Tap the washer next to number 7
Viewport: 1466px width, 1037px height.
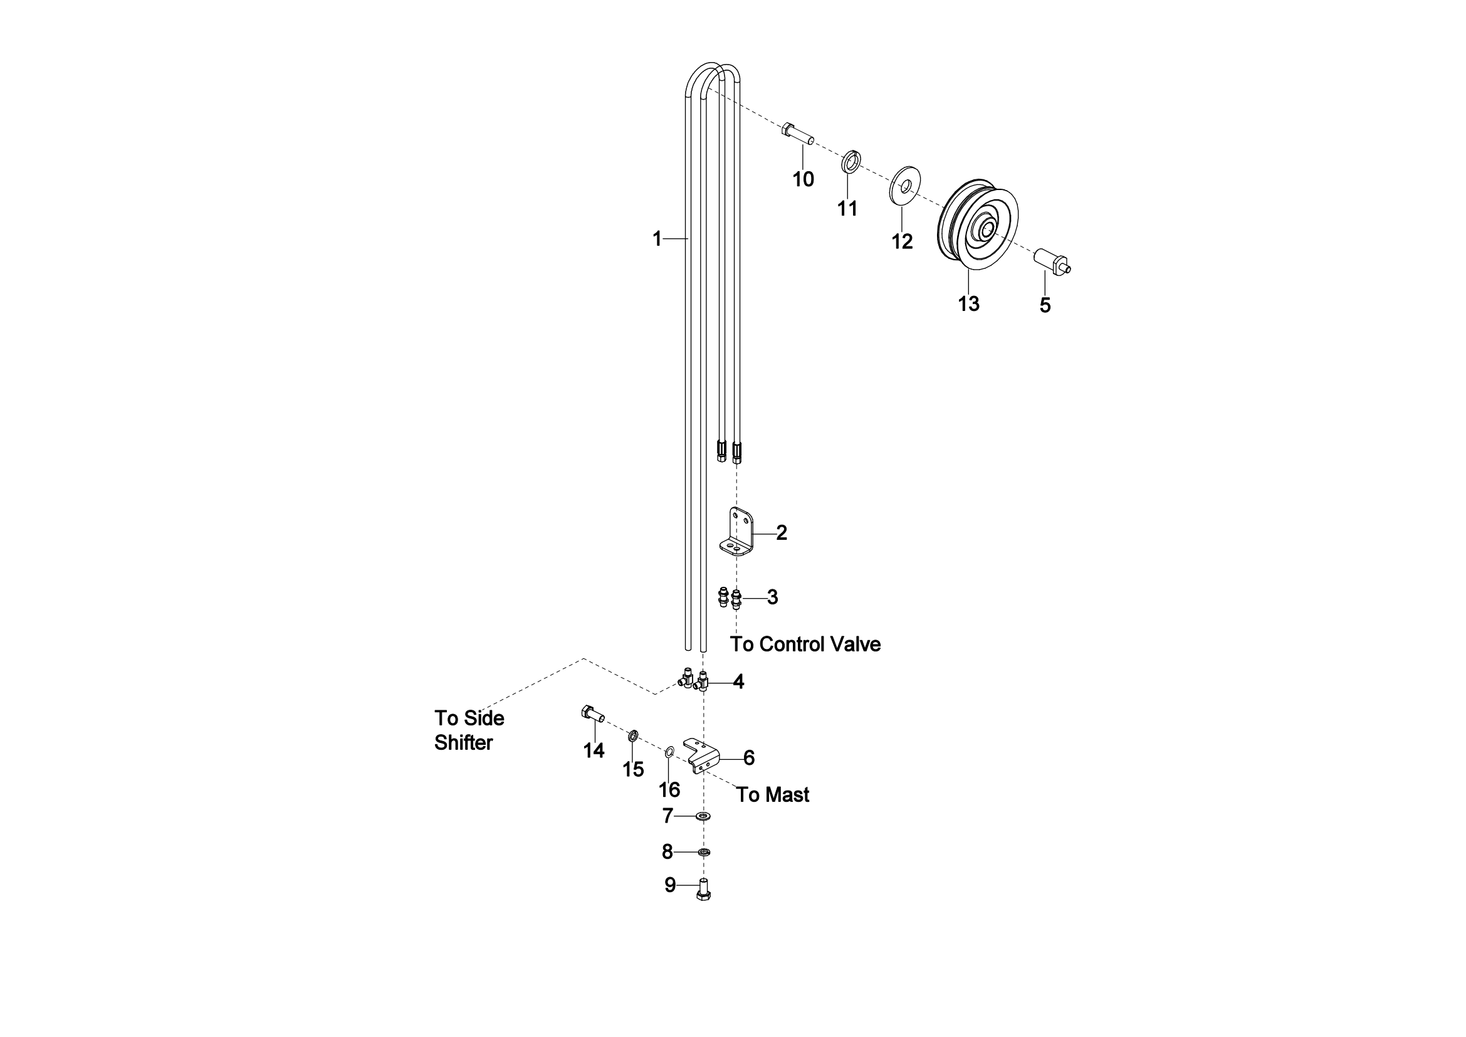[x=704, y=816]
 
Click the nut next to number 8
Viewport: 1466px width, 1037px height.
[x=704, y=852]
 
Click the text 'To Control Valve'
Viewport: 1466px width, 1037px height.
[x=805, y=645]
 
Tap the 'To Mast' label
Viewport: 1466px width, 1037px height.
[x=773, y=794]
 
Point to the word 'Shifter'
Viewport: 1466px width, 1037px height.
[x=464, y=742]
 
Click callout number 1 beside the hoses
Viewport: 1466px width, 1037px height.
[x=657, y=239]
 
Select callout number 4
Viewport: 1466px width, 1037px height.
[x=738, y=682]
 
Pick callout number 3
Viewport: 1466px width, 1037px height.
[x=773, y=597]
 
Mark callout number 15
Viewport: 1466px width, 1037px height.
[x=634, y=769]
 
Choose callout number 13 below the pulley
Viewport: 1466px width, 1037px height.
[x=968, y=304]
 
